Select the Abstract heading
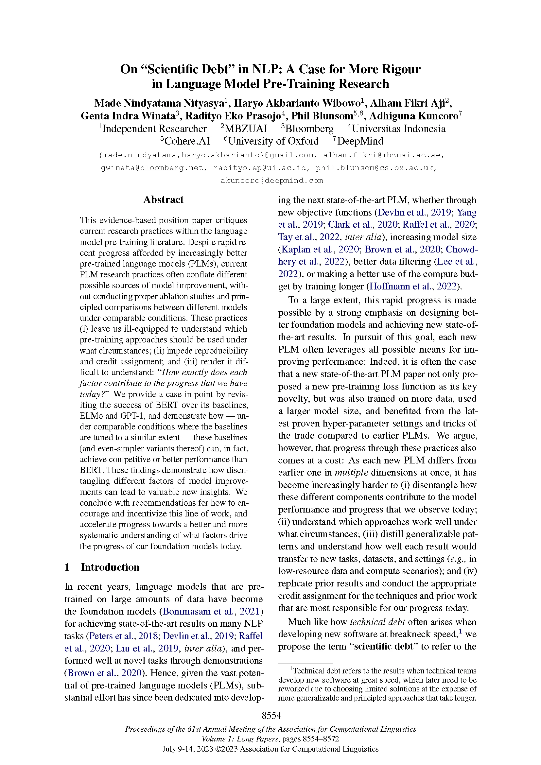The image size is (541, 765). tap(163, 200)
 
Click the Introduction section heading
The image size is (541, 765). tap(110, 567)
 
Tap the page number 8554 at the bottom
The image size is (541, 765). tap(271, 715)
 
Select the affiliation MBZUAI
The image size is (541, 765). tap(246, 129)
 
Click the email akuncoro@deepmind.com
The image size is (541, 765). tap(271, 181)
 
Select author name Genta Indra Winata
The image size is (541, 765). tap(128, 116)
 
